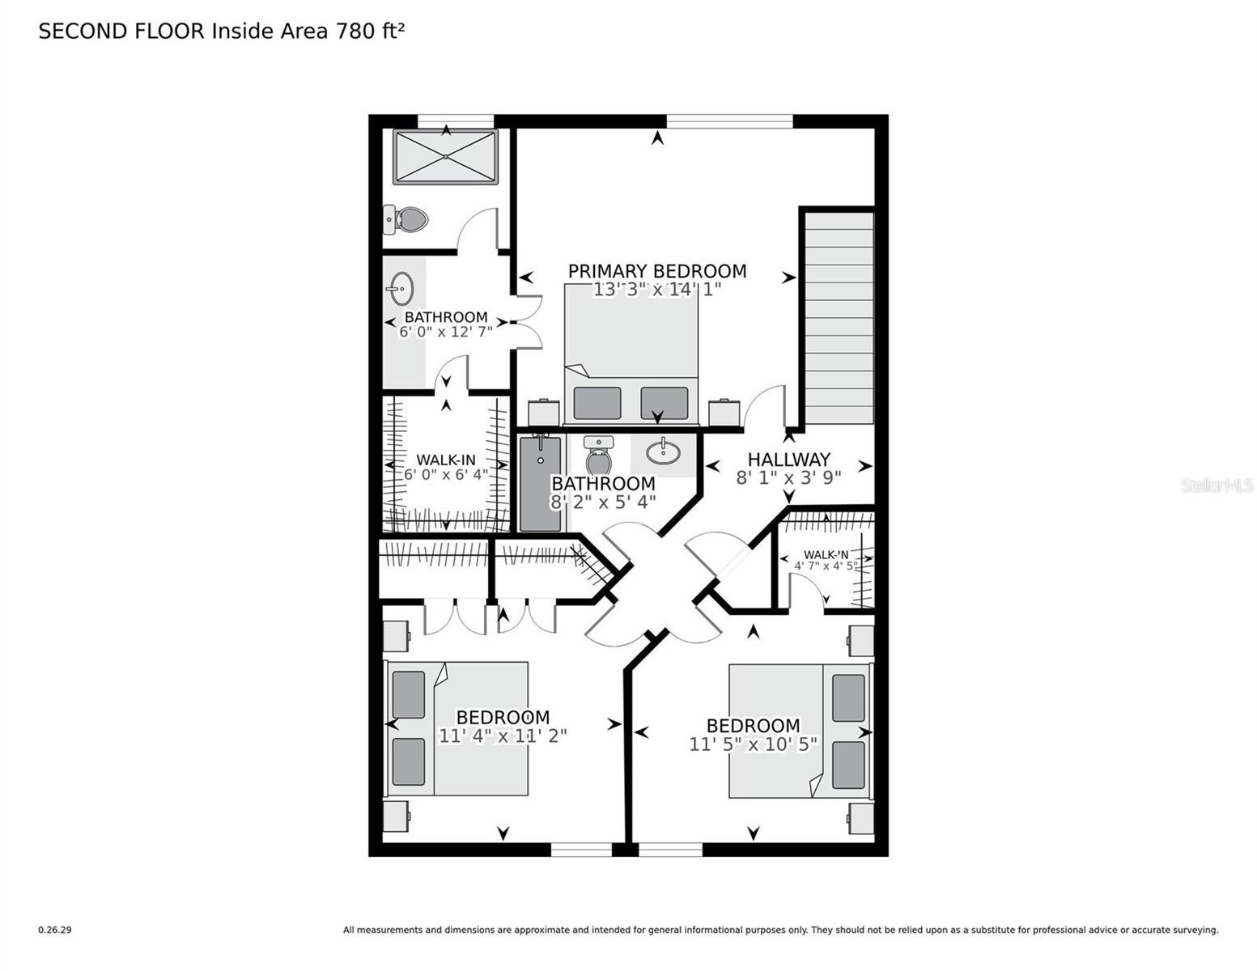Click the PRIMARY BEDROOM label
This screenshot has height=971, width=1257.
tap(656, 271)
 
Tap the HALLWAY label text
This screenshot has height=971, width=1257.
tap(788, 460)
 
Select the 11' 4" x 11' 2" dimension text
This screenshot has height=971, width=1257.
tap(503, 736)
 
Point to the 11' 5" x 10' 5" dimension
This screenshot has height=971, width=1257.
tap(753, 744)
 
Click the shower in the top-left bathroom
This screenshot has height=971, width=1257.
tap(444, 157)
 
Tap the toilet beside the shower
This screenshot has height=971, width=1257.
tap(406, 218)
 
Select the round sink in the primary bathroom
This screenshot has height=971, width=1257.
tap(401, 287)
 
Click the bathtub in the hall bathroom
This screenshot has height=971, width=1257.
tap(540, 484)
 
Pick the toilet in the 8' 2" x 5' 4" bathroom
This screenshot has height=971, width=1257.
tap(598, 457)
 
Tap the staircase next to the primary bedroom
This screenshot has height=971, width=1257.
tap(839, 317)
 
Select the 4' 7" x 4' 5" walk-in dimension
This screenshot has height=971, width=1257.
tap(826, 566)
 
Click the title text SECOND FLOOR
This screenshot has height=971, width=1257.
tap(122, 32)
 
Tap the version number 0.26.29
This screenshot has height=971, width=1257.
tap(55, 930)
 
